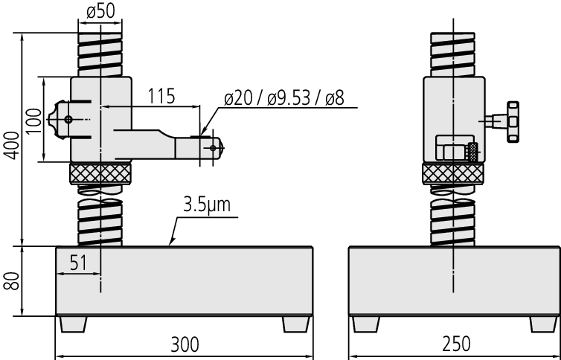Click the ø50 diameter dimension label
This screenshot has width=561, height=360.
tap(100, 11)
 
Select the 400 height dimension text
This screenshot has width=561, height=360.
tap(11, 146)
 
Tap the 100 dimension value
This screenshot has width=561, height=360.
tap(34, 120)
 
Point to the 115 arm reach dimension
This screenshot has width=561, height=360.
tap(161, 96)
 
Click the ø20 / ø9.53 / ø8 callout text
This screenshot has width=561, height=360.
tap(284, 98)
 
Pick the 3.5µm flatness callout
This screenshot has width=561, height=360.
tap(207, 205)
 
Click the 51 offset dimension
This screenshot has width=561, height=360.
tap(78, 263)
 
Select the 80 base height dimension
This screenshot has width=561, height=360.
tap(11, 281)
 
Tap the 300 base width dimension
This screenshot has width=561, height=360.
tap(185, 344)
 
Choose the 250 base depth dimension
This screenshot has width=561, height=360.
tap(457, 344)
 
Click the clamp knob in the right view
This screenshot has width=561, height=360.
tap(513, 122)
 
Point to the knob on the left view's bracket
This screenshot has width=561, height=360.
tap(57, 120)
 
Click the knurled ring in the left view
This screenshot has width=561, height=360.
tap(100, 173)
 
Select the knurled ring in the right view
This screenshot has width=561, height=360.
tap(453, 173)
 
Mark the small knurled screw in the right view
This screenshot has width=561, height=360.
tap(472, 152)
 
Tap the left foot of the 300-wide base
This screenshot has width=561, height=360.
tap(74, 324)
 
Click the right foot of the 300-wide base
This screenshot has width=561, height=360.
tap(296, 324)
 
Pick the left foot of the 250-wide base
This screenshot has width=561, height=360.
tap(365, 324)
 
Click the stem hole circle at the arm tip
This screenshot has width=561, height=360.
tap(214, 148)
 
